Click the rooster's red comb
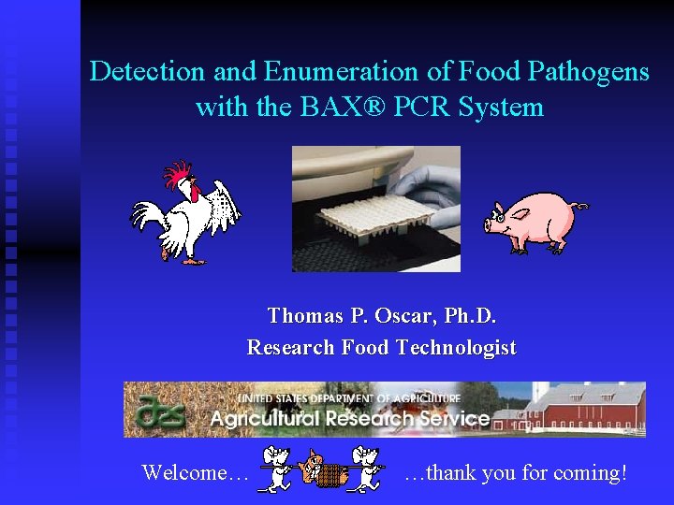click(178, 174)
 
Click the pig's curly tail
click(579, 206)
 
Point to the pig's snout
click(491, 225)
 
